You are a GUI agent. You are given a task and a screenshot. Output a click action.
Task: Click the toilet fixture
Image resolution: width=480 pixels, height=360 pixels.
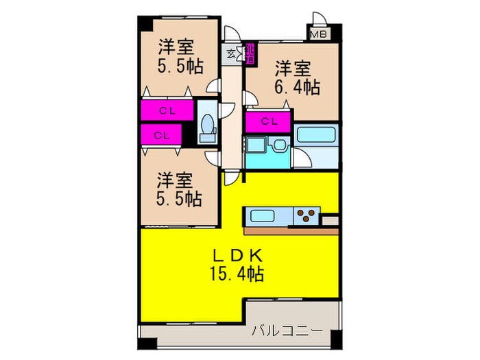click(x=206, y=128)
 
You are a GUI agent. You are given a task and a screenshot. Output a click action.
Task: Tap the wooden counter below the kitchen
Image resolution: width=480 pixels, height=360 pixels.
click(x=291, y=230)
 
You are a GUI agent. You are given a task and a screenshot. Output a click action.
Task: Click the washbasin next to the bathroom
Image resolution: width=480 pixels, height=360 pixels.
click(x=279, y=147)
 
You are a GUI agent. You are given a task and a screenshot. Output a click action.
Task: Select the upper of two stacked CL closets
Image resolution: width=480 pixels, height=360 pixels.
click(x=167, y=110)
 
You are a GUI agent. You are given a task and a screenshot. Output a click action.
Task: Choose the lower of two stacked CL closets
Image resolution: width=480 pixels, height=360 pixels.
click(x=162, y=134)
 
